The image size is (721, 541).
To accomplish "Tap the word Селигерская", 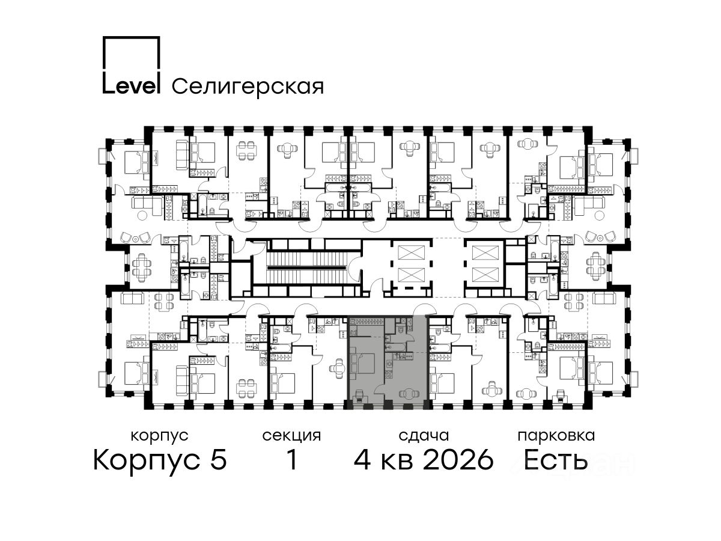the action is coord(248,87).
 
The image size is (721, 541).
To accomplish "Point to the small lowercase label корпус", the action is coord(160,436).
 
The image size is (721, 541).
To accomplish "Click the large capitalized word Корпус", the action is coord(147,460).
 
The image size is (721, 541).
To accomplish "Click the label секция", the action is coord(291,436).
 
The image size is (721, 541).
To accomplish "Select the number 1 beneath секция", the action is coord(292,460).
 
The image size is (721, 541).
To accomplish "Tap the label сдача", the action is coord(424,436).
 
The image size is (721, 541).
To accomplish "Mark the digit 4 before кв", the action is coord(362,460).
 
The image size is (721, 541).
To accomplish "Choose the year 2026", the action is coord(458,460).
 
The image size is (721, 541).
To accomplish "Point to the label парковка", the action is coord(556,436).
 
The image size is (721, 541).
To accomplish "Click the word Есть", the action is coord(555,460).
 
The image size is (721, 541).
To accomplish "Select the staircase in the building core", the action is coord(307,268).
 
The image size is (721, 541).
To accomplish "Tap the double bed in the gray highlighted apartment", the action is coord(363,364).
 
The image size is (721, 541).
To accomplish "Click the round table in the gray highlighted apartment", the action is coord(409,393).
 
